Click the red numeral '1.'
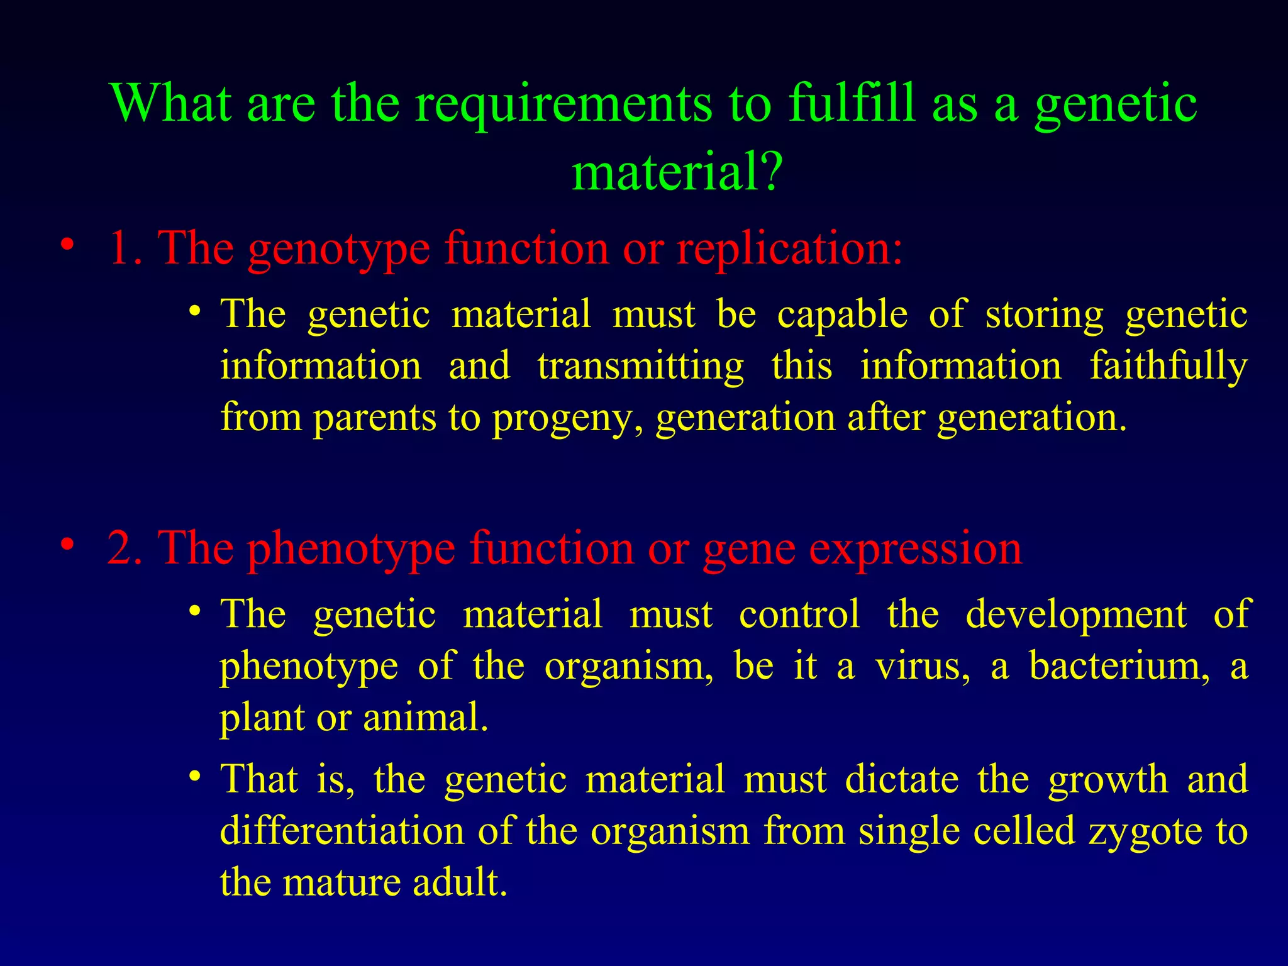tap(126, 248)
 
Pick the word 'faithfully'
tap(1169, 367)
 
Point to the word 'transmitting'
tap(640, 367)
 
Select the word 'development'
tap(1076, 615)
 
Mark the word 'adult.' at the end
tap(460, 882)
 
